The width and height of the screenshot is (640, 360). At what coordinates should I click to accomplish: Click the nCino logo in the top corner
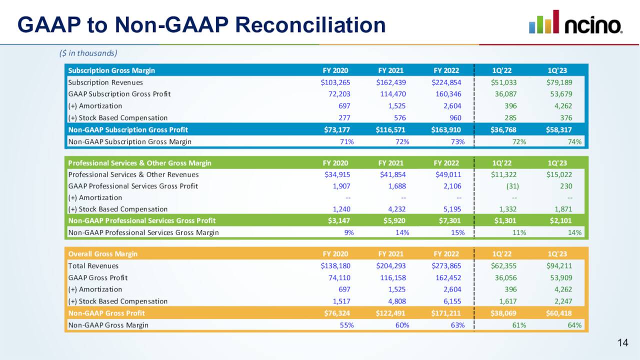pyautogui.click(x=575, y=22)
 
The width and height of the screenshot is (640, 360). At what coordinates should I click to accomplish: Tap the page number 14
pyautogui.click(x=622, y=342)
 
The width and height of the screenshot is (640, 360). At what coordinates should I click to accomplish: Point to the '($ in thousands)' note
pyautogui.click(x=88, y=53)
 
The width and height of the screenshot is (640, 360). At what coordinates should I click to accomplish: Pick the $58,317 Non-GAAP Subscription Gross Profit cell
pyautogui.click(x=559, y=130)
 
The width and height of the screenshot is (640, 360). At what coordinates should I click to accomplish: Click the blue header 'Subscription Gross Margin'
pyautogui.click(x=111, y=70)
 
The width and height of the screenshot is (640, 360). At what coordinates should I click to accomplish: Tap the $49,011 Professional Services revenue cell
pyautogui.click(x=446, y=174)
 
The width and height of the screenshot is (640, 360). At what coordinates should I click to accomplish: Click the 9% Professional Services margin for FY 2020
pyautogui.click(x=348, y=232)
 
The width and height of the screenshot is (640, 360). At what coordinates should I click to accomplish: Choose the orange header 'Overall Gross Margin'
pyautogui.click(x=102, y=254)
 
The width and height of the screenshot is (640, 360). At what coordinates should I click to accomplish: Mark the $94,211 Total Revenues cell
pyautogui.click(x=559, y=266)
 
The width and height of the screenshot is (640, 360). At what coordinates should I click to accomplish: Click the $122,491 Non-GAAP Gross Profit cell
pyautogui.click(x=390, y=313)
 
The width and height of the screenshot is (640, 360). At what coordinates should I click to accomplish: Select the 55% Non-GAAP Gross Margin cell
pyautogui.click(x=346, y=325)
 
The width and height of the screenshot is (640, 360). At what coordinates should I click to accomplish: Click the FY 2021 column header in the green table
pyautogui.click(x=390, y=163)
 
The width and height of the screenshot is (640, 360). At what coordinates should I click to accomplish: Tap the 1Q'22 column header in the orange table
pyautogui.click(x=502, y=254)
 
